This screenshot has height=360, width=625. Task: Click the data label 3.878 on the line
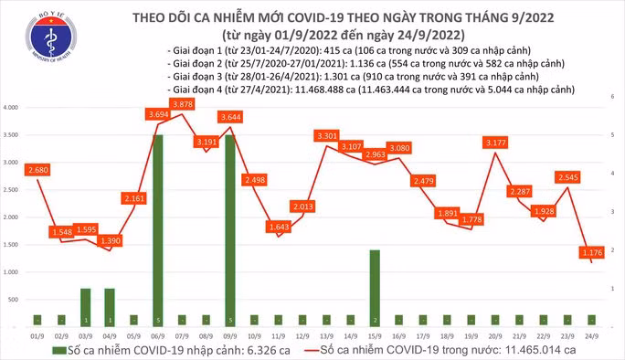(x=182, y=105)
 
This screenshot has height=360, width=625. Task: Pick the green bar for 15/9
(x=375, y=287)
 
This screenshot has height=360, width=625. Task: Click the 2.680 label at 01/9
(x=37, y=170)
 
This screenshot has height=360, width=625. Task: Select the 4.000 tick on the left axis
(x=13, y=108)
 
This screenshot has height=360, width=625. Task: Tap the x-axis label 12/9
(x=302, y=334)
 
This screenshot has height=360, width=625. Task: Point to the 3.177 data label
(x=496, y=143)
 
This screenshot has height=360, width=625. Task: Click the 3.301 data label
(x=326, y=135)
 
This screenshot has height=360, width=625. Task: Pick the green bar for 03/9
(x=85, y=307)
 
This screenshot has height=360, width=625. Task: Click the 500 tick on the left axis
(x=15, y=300)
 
